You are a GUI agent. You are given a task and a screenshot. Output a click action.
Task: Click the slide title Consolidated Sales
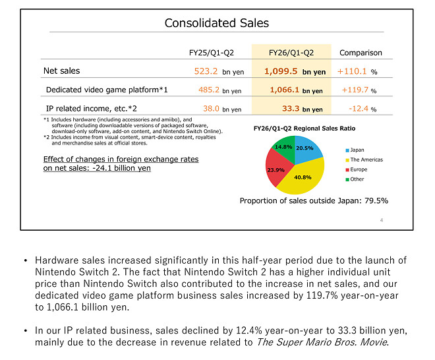point(217,23)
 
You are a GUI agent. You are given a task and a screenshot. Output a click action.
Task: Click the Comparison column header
point(361,53)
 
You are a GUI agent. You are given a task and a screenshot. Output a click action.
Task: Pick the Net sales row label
point(63,71)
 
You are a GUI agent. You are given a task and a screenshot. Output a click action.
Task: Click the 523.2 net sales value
point(209,71)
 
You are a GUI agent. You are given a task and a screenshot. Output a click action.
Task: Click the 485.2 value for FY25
point(209,90)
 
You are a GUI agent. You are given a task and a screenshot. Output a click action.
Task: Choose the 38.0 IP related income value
point(212,109)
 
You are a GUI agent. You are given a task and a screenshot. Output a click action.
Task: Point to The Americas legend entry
point(366,160)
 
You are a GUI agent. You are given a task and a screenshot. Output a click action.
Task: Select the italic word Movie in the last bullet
point(372,342)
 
